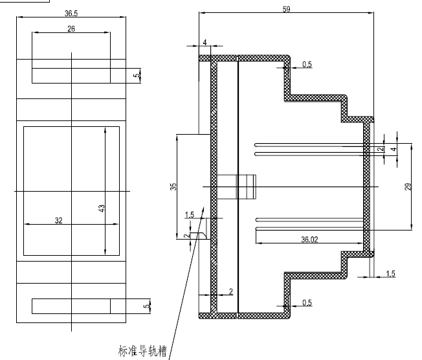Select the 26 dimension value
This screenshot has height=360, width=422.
pyautogui.click(x=71, y=28)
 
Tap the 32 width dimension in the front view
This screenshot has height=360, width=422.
pyautogui.click(x=59, y=220)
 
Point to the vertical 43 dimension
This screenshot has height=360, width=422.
pyautogui.click(x=102, y=208)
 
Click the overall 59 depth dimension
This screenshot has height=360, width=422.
pyautogui.click(x=287, y=8)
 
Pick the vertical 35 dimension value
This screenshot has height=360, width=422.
pyautogui.click(x=173, y=187)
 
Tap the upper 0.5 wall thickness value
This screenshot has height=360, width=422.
pyautogui.click(x=307, y=64)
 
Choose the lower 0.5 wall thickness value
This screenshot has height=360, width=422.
pyautogui.click(x=307, y=302)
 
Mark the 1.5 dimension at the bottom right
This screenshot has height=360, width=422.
pyautogui.click(x=390, y=274)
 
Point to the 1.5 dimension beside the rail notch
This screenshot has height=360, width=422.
pyautogui.click(x=189, y=214)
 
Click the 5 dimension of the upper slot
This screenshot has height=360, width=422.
pyautogui.click(x=135, y=75)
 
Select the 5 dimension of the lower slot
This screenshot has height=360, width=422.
pyautogui.click(x=146, y=305)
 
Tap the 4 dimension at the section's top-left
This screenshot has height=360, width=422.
pyautogui.click(x=205, y=43)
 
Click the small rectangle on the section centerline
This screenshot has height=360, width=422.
pyautogui.click(x=238, y=186)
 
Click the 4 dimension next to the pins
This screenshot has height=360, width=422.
pyautogui.click(x=393, y=149)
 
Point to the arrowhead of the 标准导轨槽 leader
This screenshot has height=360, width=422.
pyautogui.click(x=204, y=208)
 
